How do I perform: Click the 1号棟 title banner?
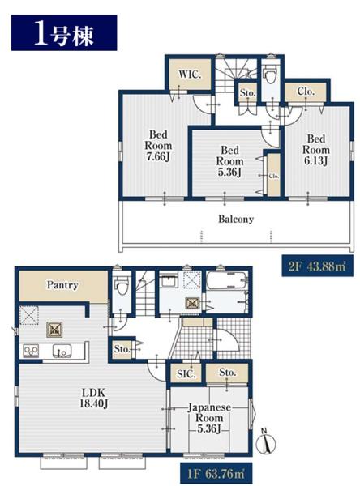point(64,32)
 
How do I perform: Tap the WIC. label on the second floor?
point(190,75)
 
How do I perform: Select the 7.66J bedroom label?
point(158,146)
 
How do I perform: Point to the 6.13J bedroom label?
point(316,150)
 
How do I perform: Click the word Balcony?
point(236,220)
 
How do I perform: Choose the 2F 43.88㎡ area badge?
point(317,266)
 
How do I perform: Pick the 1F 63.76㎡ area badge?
point(216,474)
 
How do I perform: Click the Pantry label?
point(62,285)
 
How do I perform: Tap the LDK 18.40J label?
point(93,399)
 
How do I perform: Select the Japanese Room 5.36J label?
point(209,418)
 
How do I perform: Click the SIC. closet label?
point(186,374)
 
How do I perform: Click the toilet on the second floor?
point(269,75)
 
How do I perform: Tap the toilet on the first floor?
point(122,287)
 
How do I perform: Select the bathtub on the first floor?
point(227,281)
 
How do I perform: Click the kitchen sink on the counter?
point(62,352)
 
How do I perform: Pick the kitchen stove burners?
point(31,352)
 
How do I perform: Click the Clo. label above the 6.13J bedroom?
point(306,92)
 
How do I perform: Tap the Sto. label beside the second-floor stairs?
point(247,93)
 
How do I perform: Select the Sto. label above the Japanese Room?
point(228,372)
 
